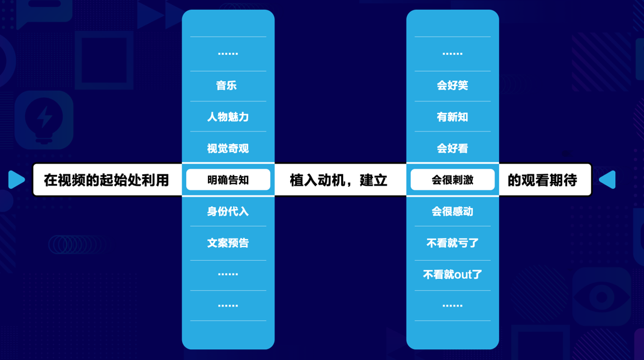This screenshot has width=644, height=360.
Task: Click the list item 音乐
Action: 228,86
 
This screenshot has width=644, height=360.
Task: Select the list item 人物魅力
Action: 228,117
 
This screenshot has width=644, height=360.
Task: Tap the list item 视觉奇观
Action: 228,148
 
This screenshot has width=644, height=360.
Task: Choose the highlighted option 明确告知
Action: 228,180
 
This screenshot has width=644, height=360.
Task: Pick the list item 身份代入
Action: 228,212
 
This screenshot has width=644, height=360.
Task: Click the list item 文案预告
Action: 228,243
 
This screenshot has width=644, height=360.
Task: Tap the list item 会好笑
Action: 452,86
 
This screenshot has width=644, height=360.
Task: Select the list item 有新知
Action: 452,117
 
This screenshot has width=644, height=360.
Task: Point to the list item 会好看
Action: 452,148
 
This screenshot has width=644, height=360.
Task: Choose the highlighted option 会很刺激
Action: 452,180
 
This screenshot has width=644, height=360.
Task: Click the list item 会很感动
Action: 452,212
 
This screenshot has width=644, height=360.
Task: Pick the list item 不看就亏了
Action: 452,243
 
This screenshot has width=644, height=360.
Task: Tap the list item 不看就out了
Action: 452,275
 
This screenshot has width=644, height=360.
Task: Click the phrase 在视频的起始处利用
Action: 106,180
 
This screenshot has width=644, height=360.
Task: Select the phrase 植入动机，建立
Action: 339,180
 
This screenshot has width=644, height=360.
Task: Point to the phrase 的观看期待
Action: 542,180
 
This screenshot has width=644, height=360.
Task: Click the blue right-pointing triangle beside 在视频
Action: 16,180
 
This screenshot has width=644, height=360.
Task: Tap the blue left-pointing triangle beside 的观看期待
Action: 608,180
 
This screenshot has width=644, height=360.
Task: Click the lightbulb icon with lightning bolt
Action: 44,119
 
